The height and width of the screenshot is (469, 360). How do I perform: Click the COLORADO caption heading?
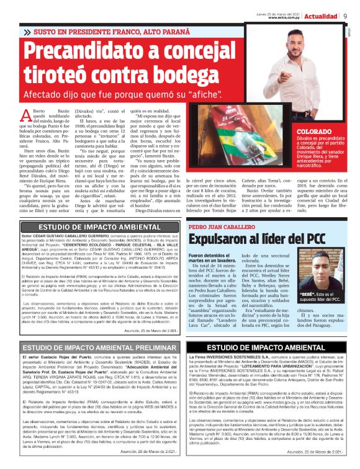[x=297, y=132]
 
